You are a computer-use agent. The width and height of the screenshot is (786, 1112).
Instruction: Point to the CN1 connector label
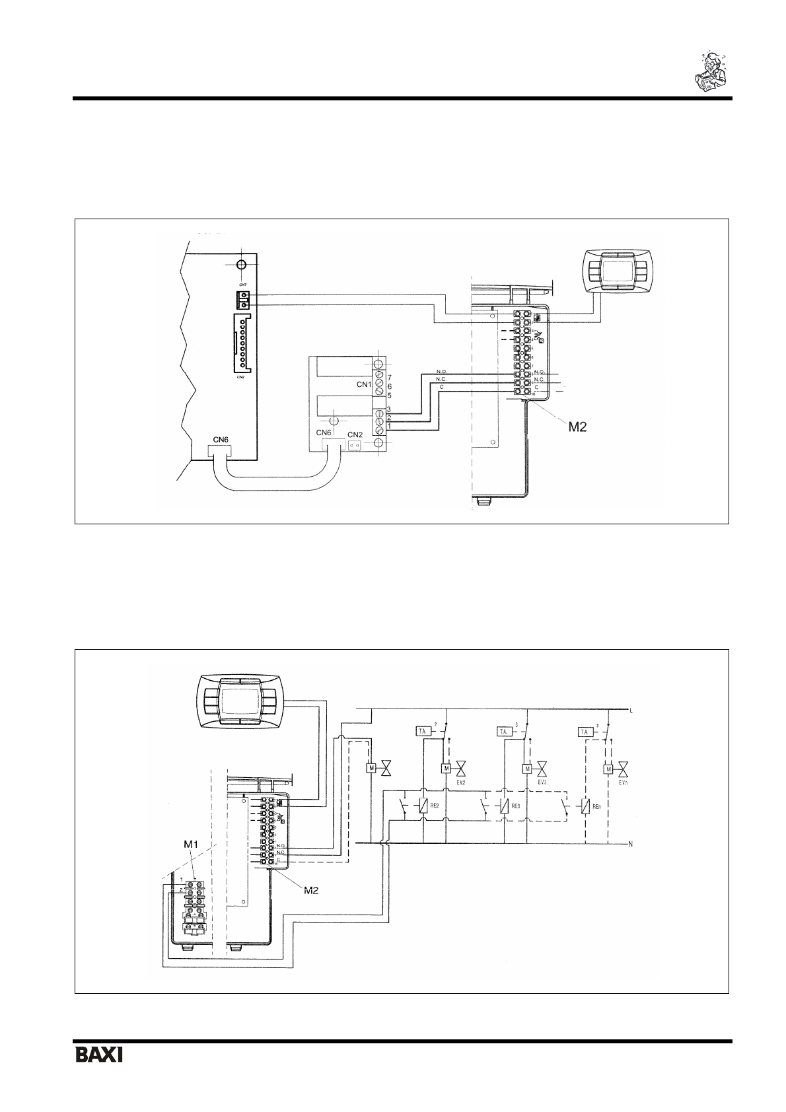pos(359,384)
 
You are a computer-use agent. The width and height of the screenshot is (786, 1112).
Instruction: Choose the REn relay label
pos(596,806)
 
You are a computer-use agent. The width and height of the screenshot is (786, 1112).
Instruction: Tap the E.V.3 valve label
pos(542,782)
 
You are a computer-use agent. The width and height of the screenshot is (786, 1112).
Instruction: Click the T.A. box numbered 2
pos(423,732)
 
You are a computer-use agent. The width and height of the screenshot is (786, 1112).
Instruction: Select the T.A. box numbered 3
pos(503,732)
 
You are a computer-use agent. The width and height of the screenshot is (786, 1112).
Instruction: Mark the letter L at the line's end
pos(632,711)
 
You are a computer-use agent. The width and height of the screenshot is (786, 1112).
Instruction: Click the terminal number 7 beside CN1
pos(390,377)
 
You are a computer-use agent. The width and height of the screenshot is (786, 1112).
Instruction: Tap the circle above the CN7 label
pos(242,264)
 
